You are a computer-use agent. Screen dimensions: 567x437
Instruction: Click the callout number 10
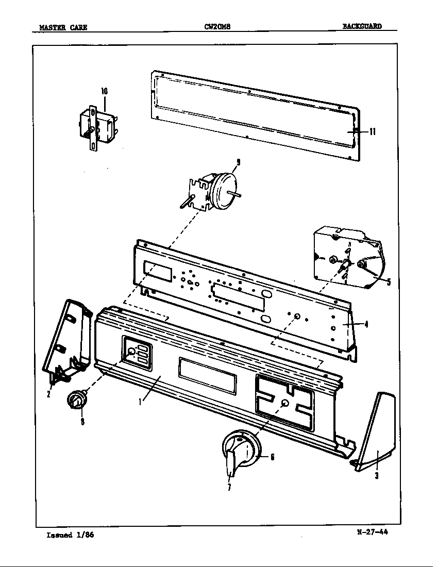[104, 91]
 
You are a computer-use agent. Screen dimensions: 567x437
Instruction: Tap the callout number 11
[372, 131]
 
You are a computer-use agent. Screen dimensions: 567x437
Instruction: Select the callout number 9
[238, 162]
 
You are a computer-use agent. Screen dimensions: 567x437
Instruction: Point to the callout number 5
[389, 281]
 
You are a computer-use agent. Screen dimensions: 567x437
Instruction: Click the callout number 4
[366, 324]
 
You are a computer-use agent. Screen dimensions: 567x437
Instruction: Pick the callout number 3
[377, 475]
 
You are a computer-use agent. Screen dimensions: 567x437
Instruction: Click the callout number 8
[82, 421]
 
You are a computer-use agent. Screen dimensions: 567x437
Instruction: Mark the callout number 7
[229, 488]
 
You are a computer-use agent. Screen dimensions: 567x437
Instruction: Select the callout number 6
[272, 457]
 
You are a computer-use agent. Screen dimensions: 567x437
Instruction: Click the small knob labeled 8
[76, 401]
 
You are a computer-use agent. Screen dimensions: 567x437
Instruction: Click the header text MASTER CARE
[63, 27]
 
